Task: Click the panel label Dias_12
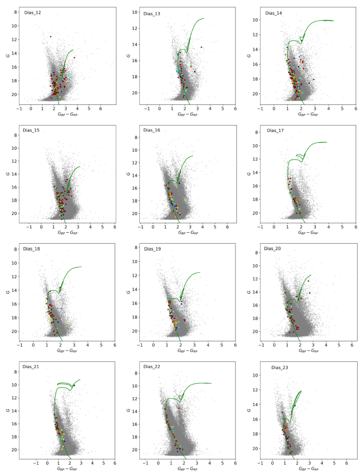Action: [31, 13]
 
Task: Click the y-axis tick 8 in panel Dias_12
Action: [16, 12]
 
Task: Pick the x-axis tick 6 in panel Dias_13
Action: [235, 109]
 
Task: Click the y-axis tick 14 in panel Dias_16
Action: [135, 175]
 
